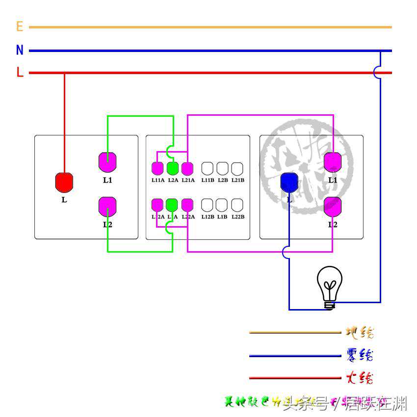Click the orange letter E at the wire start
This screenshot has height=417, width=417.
(x=20, y=26)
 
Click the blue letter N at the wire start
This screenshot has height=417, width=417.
(x=20, y=50)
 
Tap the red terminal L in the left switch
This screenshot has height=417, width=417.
(x=64, y=182)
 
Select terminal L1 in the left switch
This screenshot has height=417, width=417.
(x=107, y=162)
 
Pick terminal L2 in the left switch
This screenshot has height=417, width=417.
(x=107, y=206)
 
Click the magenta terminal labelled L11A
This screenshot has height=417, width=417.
(x=157, y=168)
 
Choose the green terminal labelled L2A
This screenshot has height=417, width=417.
(x=172, y=168)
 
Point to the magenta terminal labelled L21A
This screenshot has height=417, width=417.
(x=187, y=168)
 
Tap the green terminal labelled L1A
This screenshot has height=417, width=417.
(x=172, y=205)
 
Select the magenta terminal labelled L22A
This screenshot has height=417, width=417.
(x=187, y=205)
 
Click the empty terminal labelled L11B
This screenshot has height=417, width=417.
(x=208, y=168)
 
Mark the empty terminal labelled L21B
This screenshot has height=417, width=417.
(x=237, y=168)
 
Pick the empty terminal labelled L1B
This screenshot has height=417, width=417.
(x=222, y=205)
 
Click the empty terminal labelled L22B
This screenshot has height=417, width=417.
(x=237, y=205)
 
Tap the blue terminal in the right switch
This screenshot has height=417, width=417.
(x=289, y=182)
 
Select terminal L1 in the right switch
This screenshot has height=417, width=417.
(x=333, y=162)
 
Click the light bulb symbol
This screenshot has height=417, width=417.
(x=330, y=287)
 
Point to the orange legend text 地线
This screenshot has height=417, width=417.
(x=360, y=333)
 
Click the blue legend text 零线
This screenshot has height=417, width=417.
(x=360, y=355)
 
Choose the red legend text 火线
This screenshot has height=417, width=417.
(x=360, y=378)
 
